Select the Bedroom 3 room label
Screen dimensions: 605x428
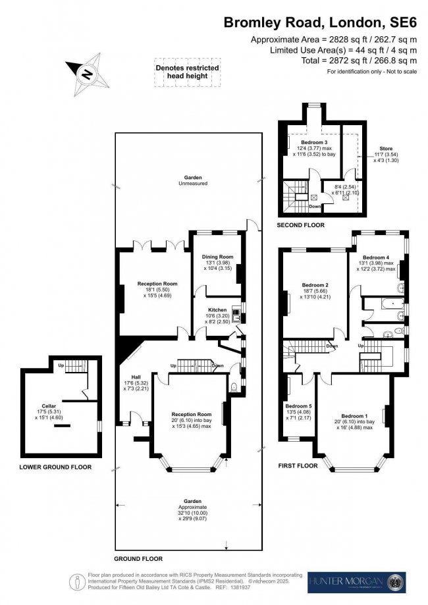pos(314,142)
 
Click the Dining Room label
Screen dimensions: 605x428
pos(217,257)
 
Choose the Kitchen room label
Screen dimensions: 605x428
pos(217,309)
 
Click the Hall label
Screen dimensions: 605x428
pos(129,377)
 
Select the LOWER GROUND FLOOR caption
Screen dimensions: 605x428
pos(55,467)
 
